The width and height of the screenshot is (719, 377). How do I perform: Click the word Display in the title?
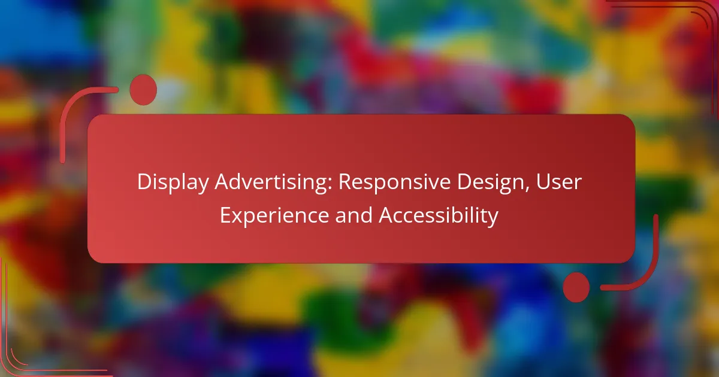pyautogui.click(x=173, y=183)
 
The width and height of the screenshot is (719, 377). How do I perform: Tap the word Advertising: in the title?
pyautogui.click(x=273, y=182)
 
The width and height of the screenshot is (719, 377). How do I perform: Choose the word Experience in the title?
pyautogui.click(x=274, y=216)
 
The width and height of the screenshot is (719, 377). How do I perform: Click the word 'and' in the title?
pyautogui.click(x=354, y=215)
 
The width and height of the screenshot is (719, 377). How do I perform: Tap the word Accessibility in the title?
pyautogui.click(x=439, y=216)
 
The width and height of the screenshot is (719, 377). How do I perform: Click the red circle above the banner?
pyautogui.click(x=143, y=90)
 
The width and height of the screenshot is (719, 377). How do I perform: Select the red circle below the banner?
pyautogui.click(x=576, y=287)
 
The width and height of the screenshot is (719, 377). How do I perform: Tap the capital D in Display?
pyautogui.click(x=145, y=182)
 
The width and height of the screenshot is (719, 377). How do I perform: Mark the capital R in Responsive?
pyautogui.click(x=345, y=182)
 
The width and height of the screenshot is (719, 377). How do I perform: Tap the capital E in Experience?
pyautogui.click(x=226, y=215)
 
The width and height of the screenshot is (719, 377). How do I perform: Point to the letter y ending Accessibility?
pyautogui.click(x=493, y=218)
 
